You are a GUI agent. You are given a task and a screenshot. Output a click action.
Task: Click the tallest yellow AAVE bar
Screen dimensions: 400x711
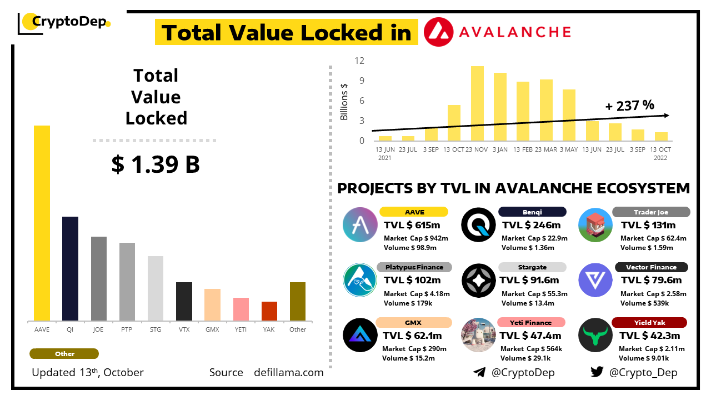pyautogui.click(x=42, y=223)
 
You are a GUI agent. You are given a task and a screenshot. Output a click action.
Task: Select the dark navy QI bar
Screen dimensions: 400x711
pyautogui.click(x=70, y=268)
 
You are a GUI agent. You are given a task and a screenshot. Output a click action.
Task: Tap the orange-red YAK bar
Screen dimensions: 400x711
pyautogui.click(x=269, y=311)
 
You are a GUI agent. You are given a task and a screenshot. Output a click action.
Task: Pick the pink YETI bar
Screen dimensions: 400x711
pyautogui.click(x=241, y=309)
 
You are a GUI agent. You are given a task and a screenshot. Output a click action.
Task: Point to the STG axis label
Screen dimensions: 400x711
pyautogui.click(x=156, y=329)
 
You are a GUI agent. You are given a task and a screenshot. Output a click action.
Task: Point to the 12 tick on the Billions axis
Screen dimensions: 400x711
pyautogui.click(x=360, y=61)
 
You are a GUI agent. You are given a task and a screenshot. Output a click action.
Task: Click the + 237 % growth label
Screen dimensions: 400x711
pyautogui.click(x=630, y=105)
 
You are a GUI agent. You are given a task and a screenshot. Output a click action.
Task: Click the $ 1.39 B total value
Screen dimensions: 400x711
pyautogui.click(x=156, y=164)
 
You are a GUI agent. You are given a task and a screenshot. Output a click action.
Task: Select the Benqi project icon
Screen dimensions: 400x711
pyautogui.click(x=479, y=224)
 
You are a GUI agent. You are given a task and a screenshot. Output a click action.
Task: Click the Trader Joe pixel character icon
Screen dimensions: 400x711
pyautogui.click(x=595, y=224)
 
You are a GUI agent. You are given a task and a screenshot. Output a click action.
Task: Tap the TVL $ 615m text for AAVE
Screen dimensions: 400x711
pyautogui.click(x=412, y=225)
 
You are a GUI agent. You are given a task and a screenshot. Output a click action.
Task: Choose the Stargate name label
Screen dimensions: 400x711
pyautogui.click(x=532, y=267)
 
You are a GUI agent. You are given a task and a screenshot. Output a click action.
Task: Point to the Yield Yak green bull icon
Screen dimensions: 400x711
pyautogui.click(x=595, y=335)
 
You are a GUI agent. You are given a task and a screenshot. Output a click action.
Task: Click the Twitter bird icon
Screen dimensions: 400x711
pyautogui.click(x=597, y=372)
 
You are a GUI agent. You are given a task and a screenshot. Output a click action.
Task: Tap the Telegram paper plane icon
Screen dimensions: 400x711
pyautogui.click(x=479, y=372)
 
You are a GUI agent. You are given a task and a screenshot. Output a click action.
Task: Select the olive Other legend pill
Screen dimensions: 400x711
pyautogui.click(x=64, y=354)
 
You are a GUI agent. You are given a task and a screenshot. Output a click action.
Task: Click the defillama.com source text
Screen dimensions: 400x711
pyautogui.click(x=289, y=372)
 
